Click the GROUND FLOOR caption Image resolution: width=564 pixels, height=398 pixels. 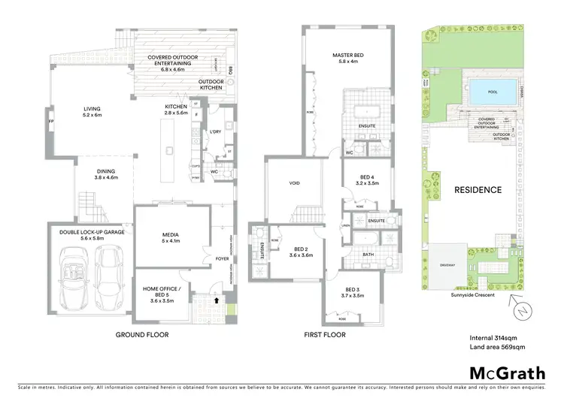(x=141, y=334)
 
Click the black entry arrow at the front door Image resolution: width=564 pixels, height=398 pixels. (x=217, y=300)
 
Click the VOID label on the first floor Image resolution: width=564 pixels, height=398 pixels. (x=295, y=183)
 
